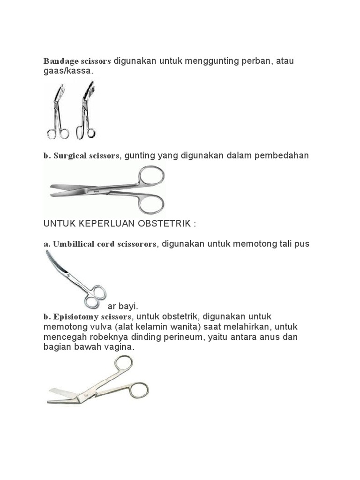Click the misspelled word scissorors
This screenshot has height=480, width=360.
click(136, 244)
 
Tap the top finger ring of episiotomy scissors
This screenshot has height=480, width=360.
click(122, 364)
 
